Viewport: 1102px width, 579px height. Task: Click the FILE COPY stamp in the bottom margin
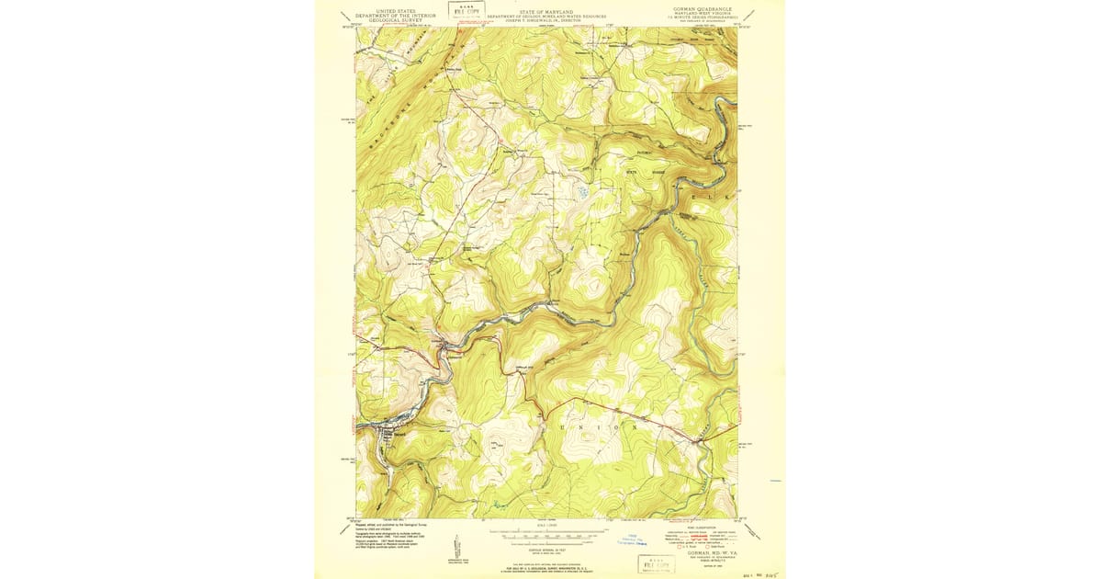(x=656, y=563)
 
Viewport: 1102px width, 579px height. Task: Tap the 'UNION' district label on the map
(x=597, y=427)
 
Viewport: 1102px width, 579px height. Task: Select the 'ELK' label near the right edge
(x=707, y=198)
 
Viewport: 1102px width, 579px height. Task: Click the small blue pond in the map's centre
(x=582, y=192)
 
